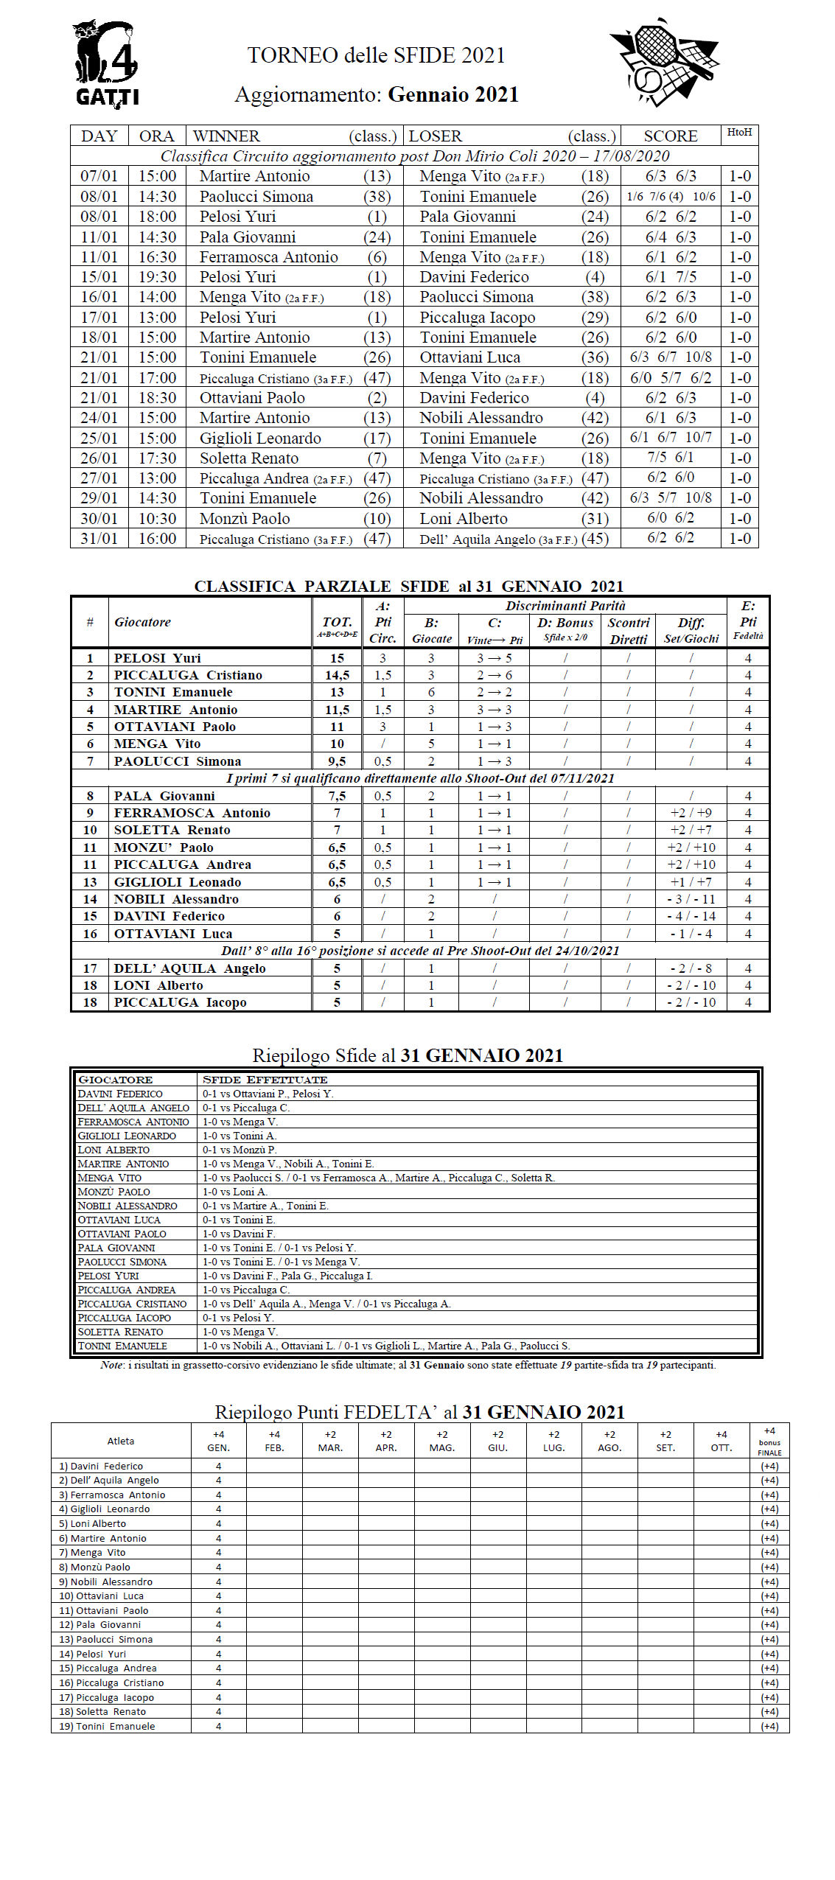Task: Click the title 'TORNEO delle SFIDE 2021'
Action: click(x=376, y=55)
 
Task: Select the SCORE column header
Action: click(x=670, y=136)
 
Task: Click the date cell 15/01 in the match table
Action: click(x=99, y=277)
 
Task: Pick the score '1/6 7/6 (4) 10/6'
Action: click(x=670, y=197)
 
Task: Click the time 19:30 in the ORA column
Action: click(x=157, y=277)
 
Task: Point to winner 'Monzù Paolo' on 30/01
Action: click(x=245, y=518)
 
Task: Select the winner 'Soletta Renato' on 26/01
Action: click(x=248, y=458)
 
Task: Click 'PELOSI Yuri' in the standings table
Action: click(x=157, y=657)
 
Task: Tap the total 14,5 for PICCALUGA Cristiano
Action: click(x=337, y=675)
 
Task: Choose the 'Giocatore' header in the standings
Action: click(x=142, y=622)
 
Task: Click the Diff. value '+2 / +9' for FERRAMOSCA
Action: click(x=691, y=813)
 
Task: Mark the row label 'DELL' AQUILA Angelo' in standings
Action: click(x=189, y=968)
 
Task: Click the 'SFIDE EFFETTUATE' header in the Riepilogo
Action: click(x=265, y=1079)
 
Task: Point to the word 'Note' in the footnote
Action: click(x=112, y=1365)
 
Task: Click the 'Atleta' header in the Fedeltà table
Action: click(x=121, y=1441)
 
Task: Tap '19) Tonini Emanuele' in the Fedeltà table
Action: click(x=107, y=1726)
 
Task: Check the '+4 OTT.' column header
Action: click(x=721, y=1441)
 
